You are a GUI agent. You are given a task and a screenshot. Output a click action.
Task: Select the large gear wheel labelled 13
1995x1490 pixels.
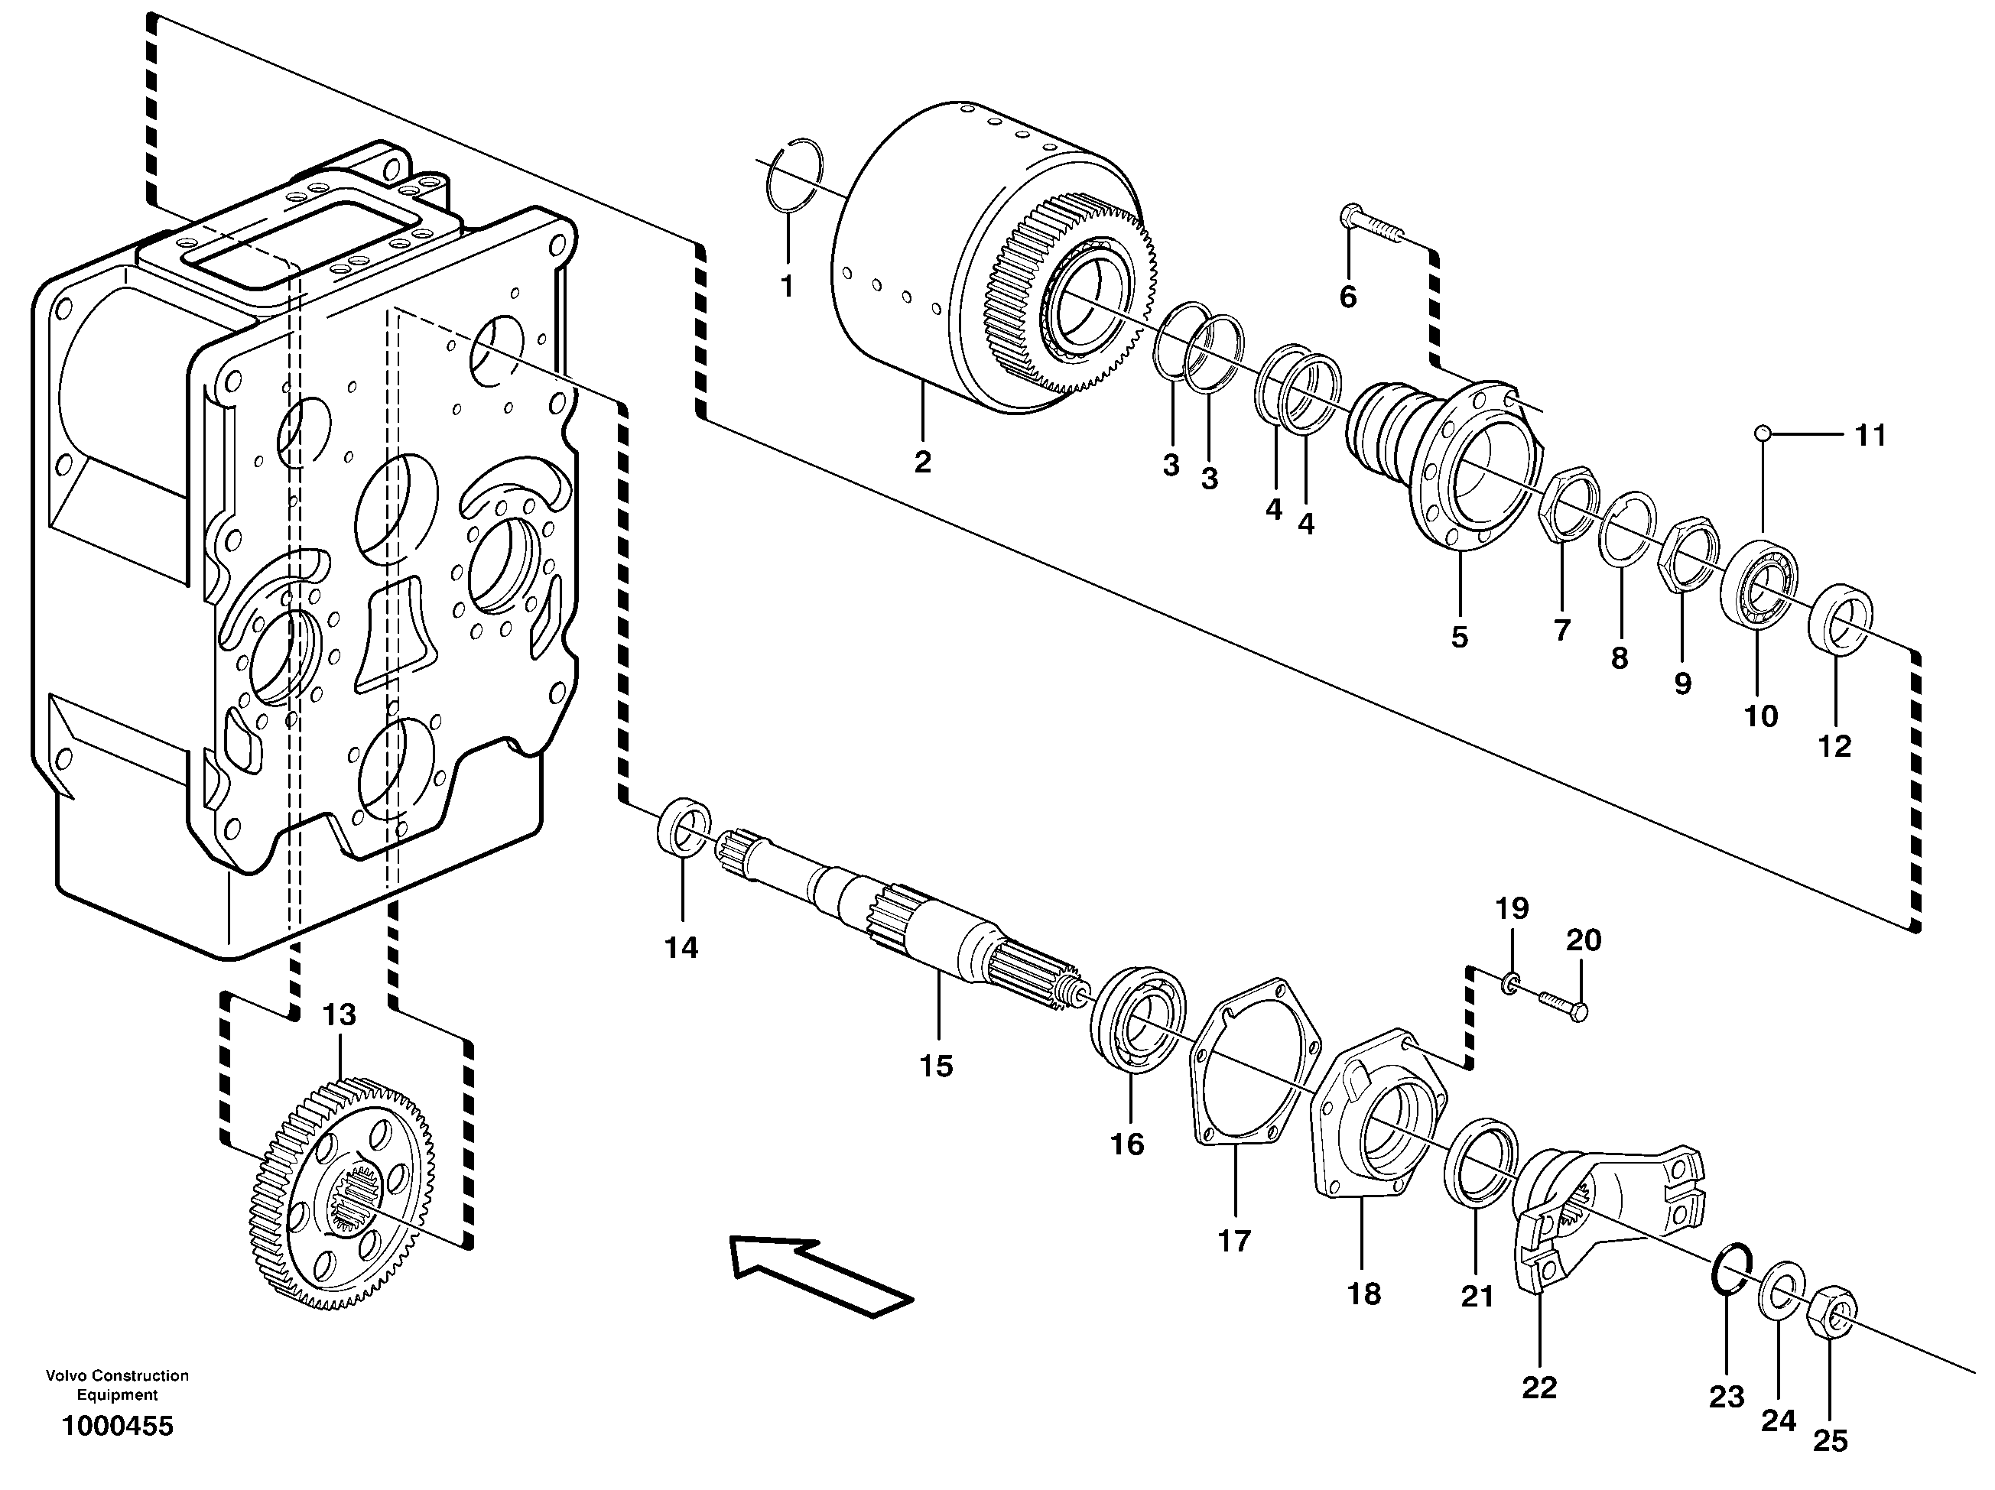[x=343, y=1191]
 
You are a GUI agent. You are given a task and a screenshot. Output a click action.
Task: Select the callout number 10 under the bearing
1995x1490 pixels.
[x=1759, y=716]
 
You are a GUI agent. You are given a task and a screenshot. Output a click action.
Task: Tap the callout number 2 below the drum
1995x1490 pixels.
[x=921, y=463]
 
